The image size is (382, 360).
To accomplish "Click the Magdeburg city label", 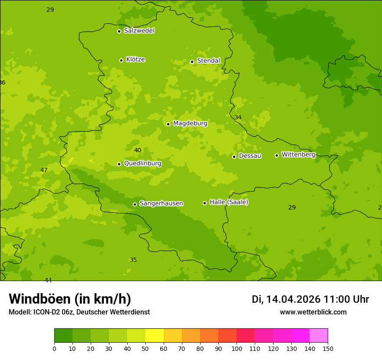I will (190, 124).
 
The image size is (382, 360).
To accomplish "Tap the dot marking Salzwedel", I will (119, 31).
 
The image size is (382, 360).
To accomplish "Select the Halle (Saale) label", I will (229, 202).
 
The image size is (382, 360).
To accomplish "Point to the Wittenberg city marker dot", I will (277, 155).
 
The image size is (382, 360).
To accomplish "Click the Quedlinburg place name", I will (142, 164).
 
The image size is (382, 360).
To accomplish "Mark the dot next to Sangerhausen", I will (135, 204).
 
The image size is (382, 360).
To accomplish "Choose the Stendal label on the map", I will (208, 61).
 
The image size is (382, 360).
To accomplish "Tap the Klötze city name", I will (135, 59).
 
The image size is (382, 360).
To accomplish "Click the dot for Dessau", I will (234, 157).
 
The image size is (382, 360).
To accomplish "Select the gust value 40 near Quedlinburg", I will (138, 151).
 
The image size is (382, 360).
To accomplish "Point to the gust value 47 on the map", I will (44, 170).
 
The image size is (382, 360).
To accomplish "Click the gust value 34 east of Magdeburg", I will (238, 118).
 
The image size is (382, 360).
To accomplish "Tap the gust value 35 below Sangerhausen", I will (133, 260).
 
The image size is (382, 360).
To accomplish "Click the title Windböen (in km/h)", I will (70, 299).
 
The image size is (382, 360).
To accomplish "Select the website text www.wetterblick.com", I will (313, 312).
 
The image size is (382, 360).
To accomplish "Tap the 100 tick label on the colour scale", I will (237, 348).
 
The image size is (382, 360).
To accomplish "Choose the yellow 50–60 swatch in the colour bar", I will (155, 336).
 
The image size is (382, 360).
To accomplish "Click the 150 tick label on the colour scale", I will (328, 348).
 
